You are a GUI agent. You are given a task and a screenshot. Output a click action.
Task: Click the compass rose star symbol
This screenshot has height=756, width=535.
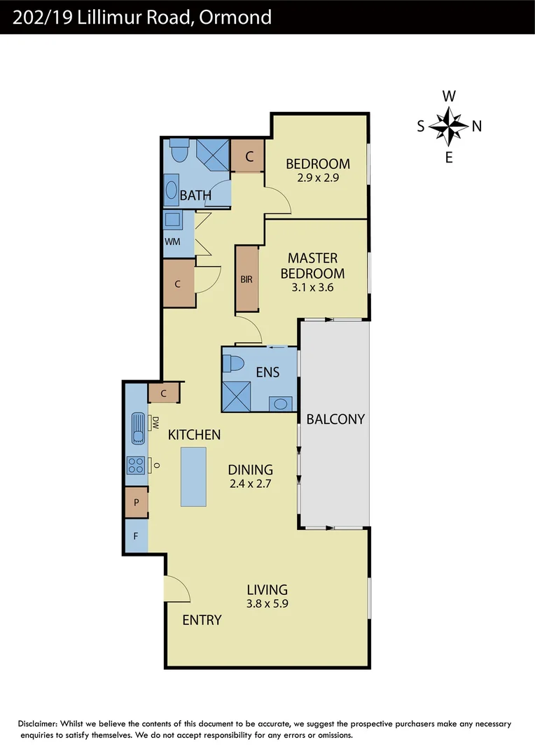449,126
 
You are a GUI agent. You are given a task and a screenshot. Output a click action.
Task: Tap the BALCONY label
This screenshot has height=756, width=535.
335,419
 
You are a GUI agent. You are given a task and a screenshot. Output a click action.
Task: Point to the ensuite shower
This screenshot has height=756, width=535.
236,396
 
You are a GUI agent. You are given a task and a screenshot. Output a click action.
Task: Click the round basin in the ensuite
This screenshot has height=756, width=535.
282,404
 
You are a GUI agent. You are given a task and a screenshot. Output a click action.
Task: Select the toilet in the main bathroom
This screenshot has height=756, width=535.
179,150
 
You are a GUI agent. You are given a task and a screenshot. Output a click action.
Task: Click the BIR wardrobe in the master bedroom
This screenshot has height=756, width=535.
246,279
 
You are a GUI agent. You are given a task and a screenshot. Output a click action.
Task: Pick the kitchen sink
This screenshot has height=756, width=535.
138,428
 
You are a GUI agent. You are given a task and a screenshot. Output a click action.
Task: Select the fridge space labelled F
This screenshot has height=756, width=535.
137,537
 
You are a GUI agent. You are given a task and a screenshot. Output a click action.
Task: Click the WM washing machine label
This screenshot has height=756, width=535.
172,241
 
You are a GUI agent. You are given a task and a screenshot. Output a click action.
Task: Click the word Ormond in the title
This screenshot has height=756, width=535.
236,16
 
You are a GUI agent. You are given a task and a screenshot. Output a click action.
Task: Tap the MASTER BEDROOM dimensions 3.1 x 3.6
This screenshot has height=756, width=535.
312,288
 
